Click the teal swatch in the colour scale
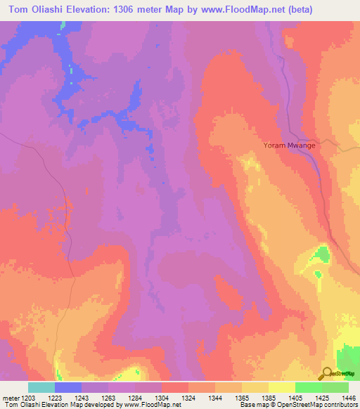(41, 387)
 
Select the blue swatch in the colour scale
(68, 387)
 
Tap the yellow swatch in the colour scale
(282, 387)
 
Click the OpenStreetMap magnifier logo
(327, 373)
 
